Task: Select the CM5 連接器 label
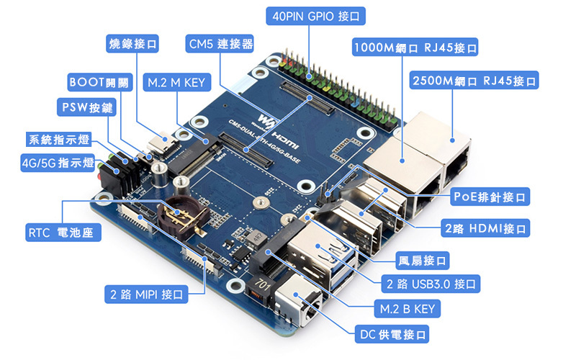point(220,44)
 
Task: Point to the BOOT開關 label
point(99,81)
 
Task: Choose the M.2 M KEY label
point(176,81)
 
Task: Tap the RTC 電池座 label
point(63,233)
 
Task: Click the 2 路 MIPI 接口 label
point(146,294)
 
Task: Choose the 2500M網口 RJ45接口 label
point(473,80)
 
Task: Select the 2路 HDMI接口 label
point(485,229)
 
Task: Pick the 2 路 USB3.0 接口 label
point(430,284)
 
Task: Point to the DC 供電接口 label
point(393,334)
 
